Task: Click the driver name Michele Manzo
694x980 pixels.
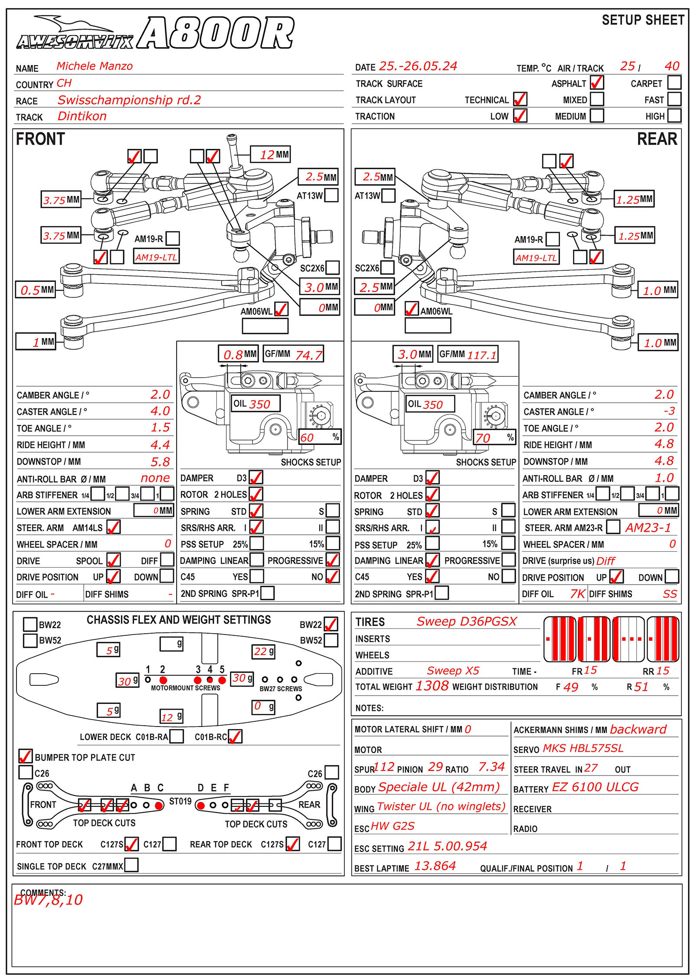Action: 94,66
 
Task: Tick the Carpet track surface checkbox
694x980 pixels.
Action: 674,82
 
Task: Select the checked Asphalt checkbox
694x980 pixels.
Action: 597,82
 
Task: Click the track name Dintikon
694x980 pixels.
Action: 82,116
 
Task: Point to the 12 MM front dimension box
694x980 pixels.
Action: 270,155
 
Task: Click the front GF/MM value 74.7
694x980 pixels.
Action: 309,355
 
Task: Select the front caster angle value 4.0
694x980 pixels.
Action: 160,411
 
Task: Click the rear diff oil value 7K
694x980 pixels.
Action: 577,594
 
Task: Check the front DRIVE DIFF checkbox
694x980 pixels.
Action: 167,560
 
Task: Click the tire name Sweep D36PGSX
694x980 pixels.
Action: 466,622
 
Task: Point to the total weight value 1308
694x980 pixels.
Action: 432,686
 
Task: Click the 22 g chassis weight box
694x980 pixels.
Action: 263,651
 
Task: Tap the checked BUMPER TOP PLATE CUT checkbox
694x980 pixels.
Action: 26,756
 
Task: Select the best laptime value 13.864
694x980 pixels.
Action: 435,866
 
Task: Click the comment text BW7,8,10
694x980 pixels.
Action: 48,900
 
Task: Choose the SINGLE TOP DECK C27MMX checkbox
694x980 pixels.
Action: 131,865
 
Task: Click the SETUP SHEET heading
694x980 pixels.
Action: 642,20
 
